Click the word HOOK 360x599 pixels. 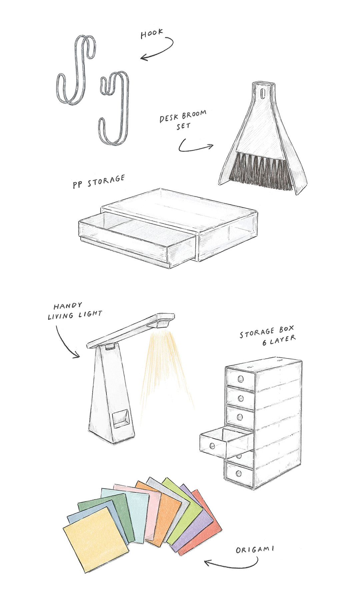(152, 33)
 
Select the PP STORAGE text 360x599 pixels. (99, 182)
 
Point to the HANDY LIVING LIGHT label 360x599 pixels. (75, 310)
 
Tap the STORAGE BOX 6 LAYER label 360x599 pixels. (268, 335)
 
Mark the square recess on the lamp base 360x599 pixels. (121, 419)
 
